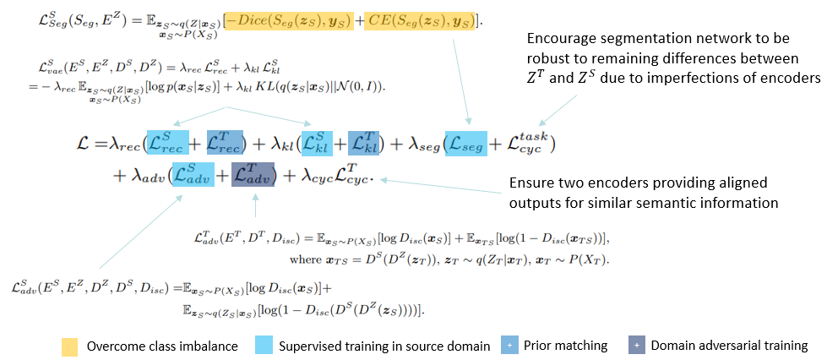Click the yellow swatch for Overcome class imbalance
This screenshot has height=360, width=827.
[x=69, y=345]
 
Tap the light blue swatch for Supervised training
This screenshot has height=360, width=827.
[x=264, y=345]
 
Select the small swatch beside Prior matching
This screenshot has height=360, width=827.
[x=507, y=345]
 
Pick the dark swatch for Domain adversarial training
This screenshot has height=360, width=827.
[x=637, y=345]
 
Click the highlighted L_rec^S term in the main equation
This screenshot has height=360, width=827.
[x=166, y=143]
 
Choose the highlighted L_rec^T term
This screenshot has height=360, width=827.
[x=223, y=143]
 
